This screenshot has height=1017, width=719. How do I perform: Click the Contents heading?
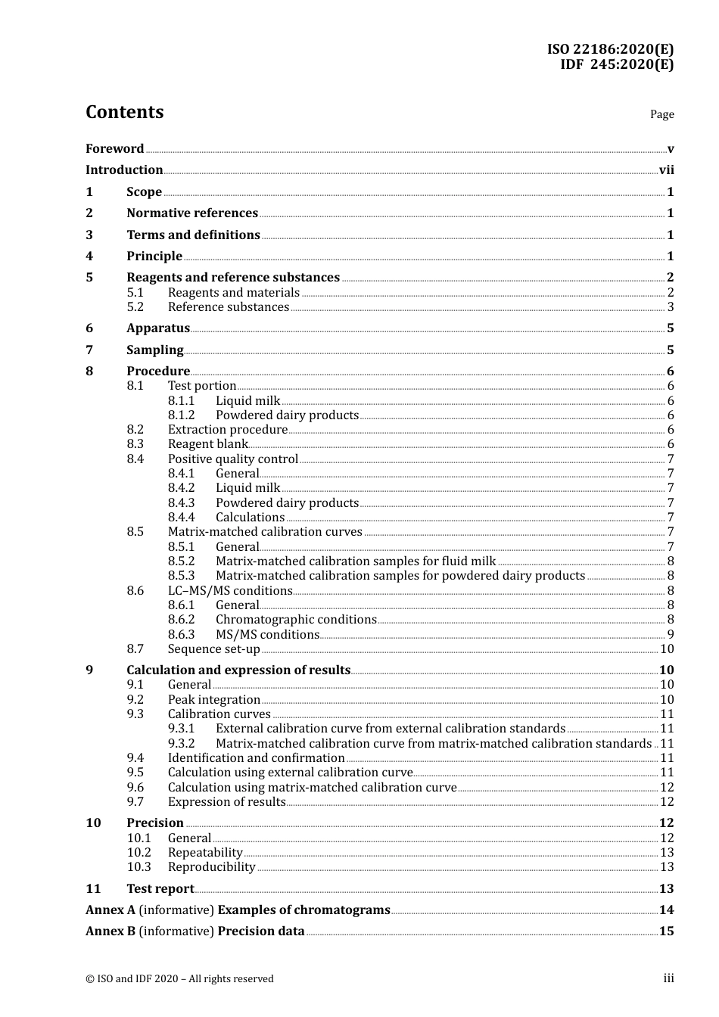[x=124, y=112]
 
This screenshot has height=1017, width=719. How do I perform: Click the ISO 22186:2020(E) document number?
[x=610, y=49]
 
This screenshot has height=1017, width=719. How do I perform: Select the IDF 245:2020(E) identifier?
[x=616, y=64]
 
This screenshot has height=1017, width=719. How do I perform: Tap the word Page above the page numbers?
[x=661, y=114]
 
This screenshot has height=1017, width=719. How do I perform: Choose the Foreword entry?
[x=114, y=149]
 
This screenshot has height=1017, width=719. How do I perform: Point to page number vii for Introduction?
[x=666, y=170]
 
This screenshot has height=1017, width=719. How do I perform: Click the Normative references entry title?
[x=192, y=213]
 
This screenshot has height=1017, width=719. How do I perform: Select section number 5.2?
[x=135, y=307]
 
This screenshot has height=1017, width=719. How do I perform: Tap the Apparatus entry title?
[x=158, y=328]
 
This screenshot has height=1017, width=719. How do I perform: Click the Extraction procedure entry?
[x=227, y=430]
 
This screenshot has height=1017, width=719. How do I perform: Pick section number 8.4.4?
[x=181, y=518]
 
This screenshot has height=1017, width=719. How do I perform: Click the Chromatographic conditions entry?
[x=296, y=620]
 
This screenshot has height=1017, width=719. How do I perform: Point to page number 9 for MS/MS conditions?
[x=671, y=635]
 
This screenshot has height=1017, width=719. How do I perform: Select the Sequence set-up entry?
[x=213, y=649]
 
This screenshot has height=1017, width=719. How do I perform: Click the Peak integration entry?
[x=213, y=700]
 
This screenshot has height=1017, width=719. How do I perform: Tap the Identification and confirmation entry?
[x=256, y=758]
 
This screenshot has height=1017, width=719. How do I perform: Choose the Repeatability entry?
[x=205, y=853]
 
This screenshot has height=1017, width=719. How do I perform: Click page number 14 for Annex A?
[x=666, y=910]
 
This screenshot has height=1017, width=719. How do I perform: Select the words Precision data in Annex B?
[x=261, y=931]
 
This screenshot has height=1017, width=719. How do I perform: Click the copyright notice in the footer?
[x=179, y=979]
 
